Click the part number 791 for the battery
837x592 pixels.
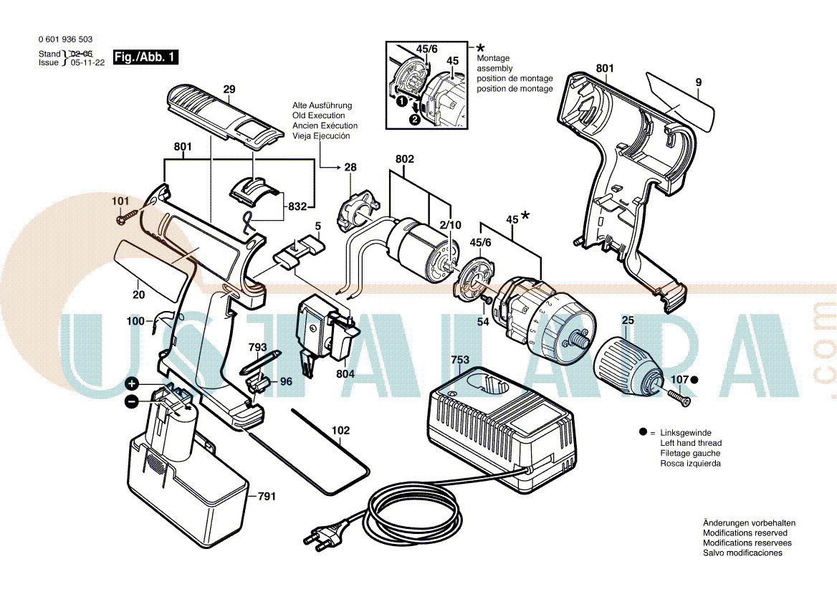point(267,495)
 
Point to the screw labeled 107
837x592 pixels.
point(677,396)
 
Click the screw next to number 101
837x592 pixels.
point(129,214)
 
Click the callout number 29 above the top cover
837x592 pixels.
point(229,90)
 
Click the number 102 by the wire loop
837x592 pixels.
point(340,431)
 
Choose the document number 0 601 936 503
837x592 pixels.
point(65,39)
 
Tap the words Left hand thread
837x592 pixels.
point(691,443)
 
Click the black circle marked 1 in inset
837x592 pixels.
point(401,102)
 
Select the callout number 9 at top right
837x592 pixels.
point(698,82)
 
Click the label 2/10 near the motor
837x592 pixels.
point(451,225)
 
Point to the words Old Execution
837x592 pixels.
point(318,115)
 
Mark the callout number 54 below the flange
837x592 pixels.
point(483,322)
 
